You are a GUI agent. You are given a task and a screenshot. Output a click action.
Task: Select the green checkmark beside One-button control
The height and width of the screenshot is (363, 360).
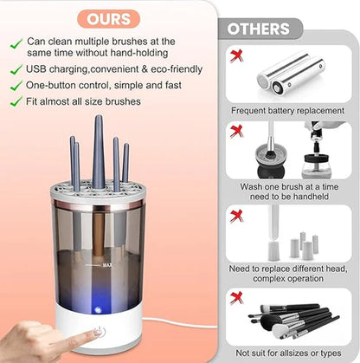point(16,85)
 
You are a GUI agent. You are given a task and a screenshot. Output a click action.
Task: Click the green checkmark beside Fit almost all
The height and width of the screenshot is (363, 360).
point(16,100)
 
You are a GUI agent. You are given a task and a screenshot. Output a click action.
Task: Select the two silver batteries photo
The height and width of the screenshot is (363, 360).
point(291,73)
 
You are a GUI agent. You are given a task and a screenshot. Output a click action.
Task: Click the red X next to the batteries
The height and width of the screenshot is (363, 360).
point(235,55)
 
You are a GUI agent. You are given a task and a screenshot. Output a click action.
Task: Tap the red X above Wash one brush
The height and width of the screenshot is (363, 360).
point(235,132)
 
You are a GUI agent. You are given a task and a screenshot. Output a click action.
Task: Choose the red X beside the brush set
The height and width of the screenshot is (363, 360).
point(235,300)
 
